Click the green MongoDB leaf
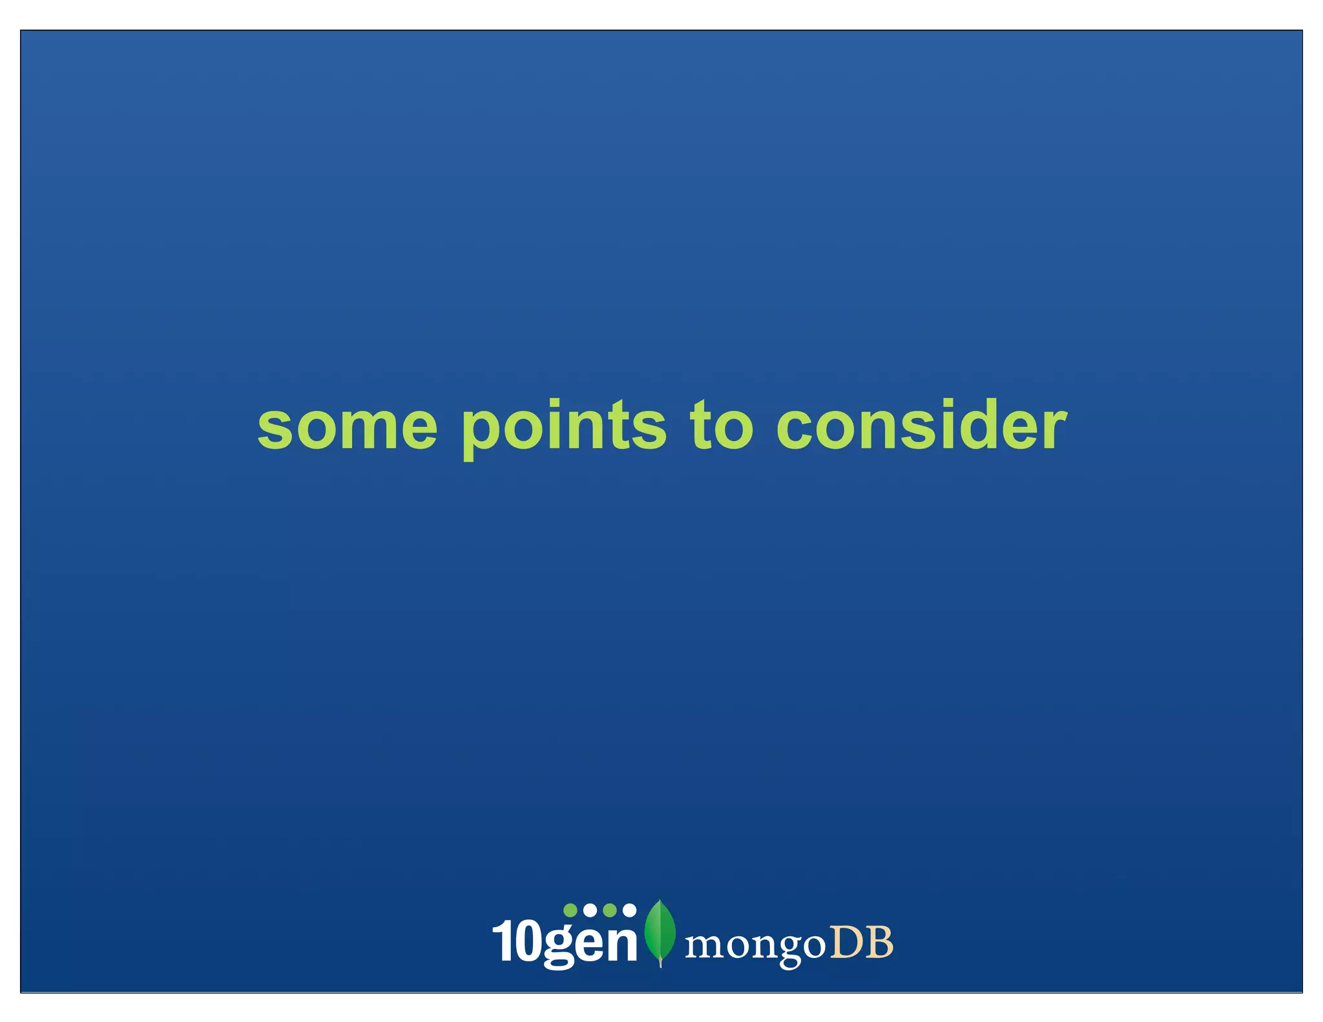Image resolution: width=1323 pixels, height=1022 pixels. [x=660, y=930]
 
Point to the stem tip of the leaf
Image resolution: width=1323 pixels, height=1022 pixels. [x=660, y=965]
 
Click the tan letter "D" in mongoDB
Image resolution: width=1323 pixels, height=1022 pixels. [x=845, y=943]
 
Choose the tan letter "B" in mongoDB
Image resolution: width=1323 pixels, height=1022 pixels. [x=879, y=943]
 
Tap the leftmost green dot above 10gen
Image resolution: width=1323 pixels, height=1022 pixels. [x=570, y=910]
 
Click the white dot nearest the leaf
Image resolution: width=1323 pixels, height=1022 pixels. [x=629, y=910]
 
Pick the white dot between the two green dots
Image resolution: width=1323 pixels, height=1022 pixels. [x=590, y=910]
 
